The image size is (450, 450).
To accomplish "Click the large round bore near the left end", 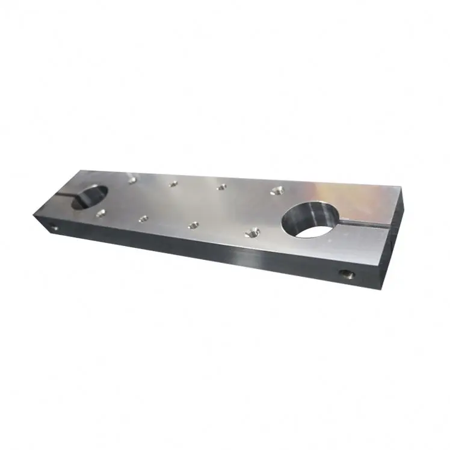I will coord(90,197).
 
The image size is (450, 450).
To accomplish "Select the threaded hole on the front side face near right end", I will coord(346,275).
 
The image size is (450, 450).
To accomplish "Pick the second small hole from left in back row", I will coord(174,183).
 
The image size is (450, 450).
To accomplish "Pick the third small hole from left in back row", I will coord(221,187).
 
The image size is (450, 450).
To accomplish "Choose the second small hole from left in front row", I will coord(143,219).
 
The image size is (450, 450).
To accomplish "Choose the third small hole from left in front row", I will coord(193,225).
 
